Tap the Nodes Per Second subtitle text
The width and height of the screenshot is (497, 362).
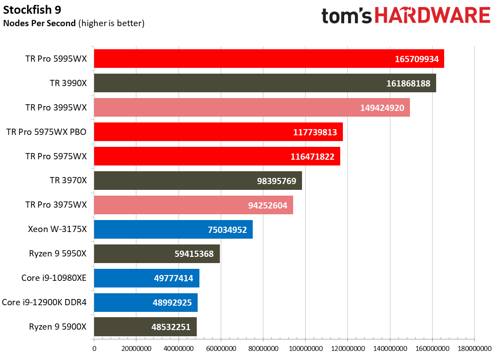pyautogui.click(x=74, y=24)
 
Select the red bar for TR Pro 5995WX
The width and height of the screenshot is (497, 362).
pyautogui.click(x=269, y=59)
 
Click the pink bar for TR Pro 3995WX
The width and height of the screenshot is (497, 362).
pyautogui.click(x=251, y=107)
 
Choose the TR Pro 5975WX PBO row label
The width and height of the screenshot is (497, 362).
pyautogui.click(x=47, y=132)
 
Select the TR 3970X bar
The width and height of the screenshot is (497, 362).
pyautogui.click(x=198, y=181)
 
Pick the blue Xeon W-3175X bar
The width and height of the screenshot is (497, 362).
pyautogui.click(x=173, y=229)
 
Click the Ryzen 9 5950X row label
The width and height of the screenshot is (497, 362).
pyautogui.click(x=58, y=254)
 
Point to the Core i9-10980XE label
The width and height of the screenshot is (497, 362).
pyautogui.click(x=54, y=278)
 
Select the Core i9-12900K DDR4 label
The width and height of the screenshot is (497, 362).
pyautogui.click(x=44, y=303)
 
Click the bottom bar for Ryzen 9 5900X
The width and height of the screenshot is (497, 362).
pyautogui.click(x=145, y=327)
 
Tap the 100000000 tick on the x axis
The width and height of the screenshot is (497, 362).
pyautogui.click(x=305, y=349)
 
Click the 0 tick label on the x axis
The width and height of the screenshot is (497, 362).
pyautogui.click(x=94, y=349)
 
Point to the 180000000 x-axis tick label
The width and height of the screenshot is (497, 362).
pyautogui.click(x=474, y=349)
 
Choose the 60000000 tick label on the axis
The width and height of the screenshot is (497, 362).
pyautogui.click(x=221, y=349)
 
